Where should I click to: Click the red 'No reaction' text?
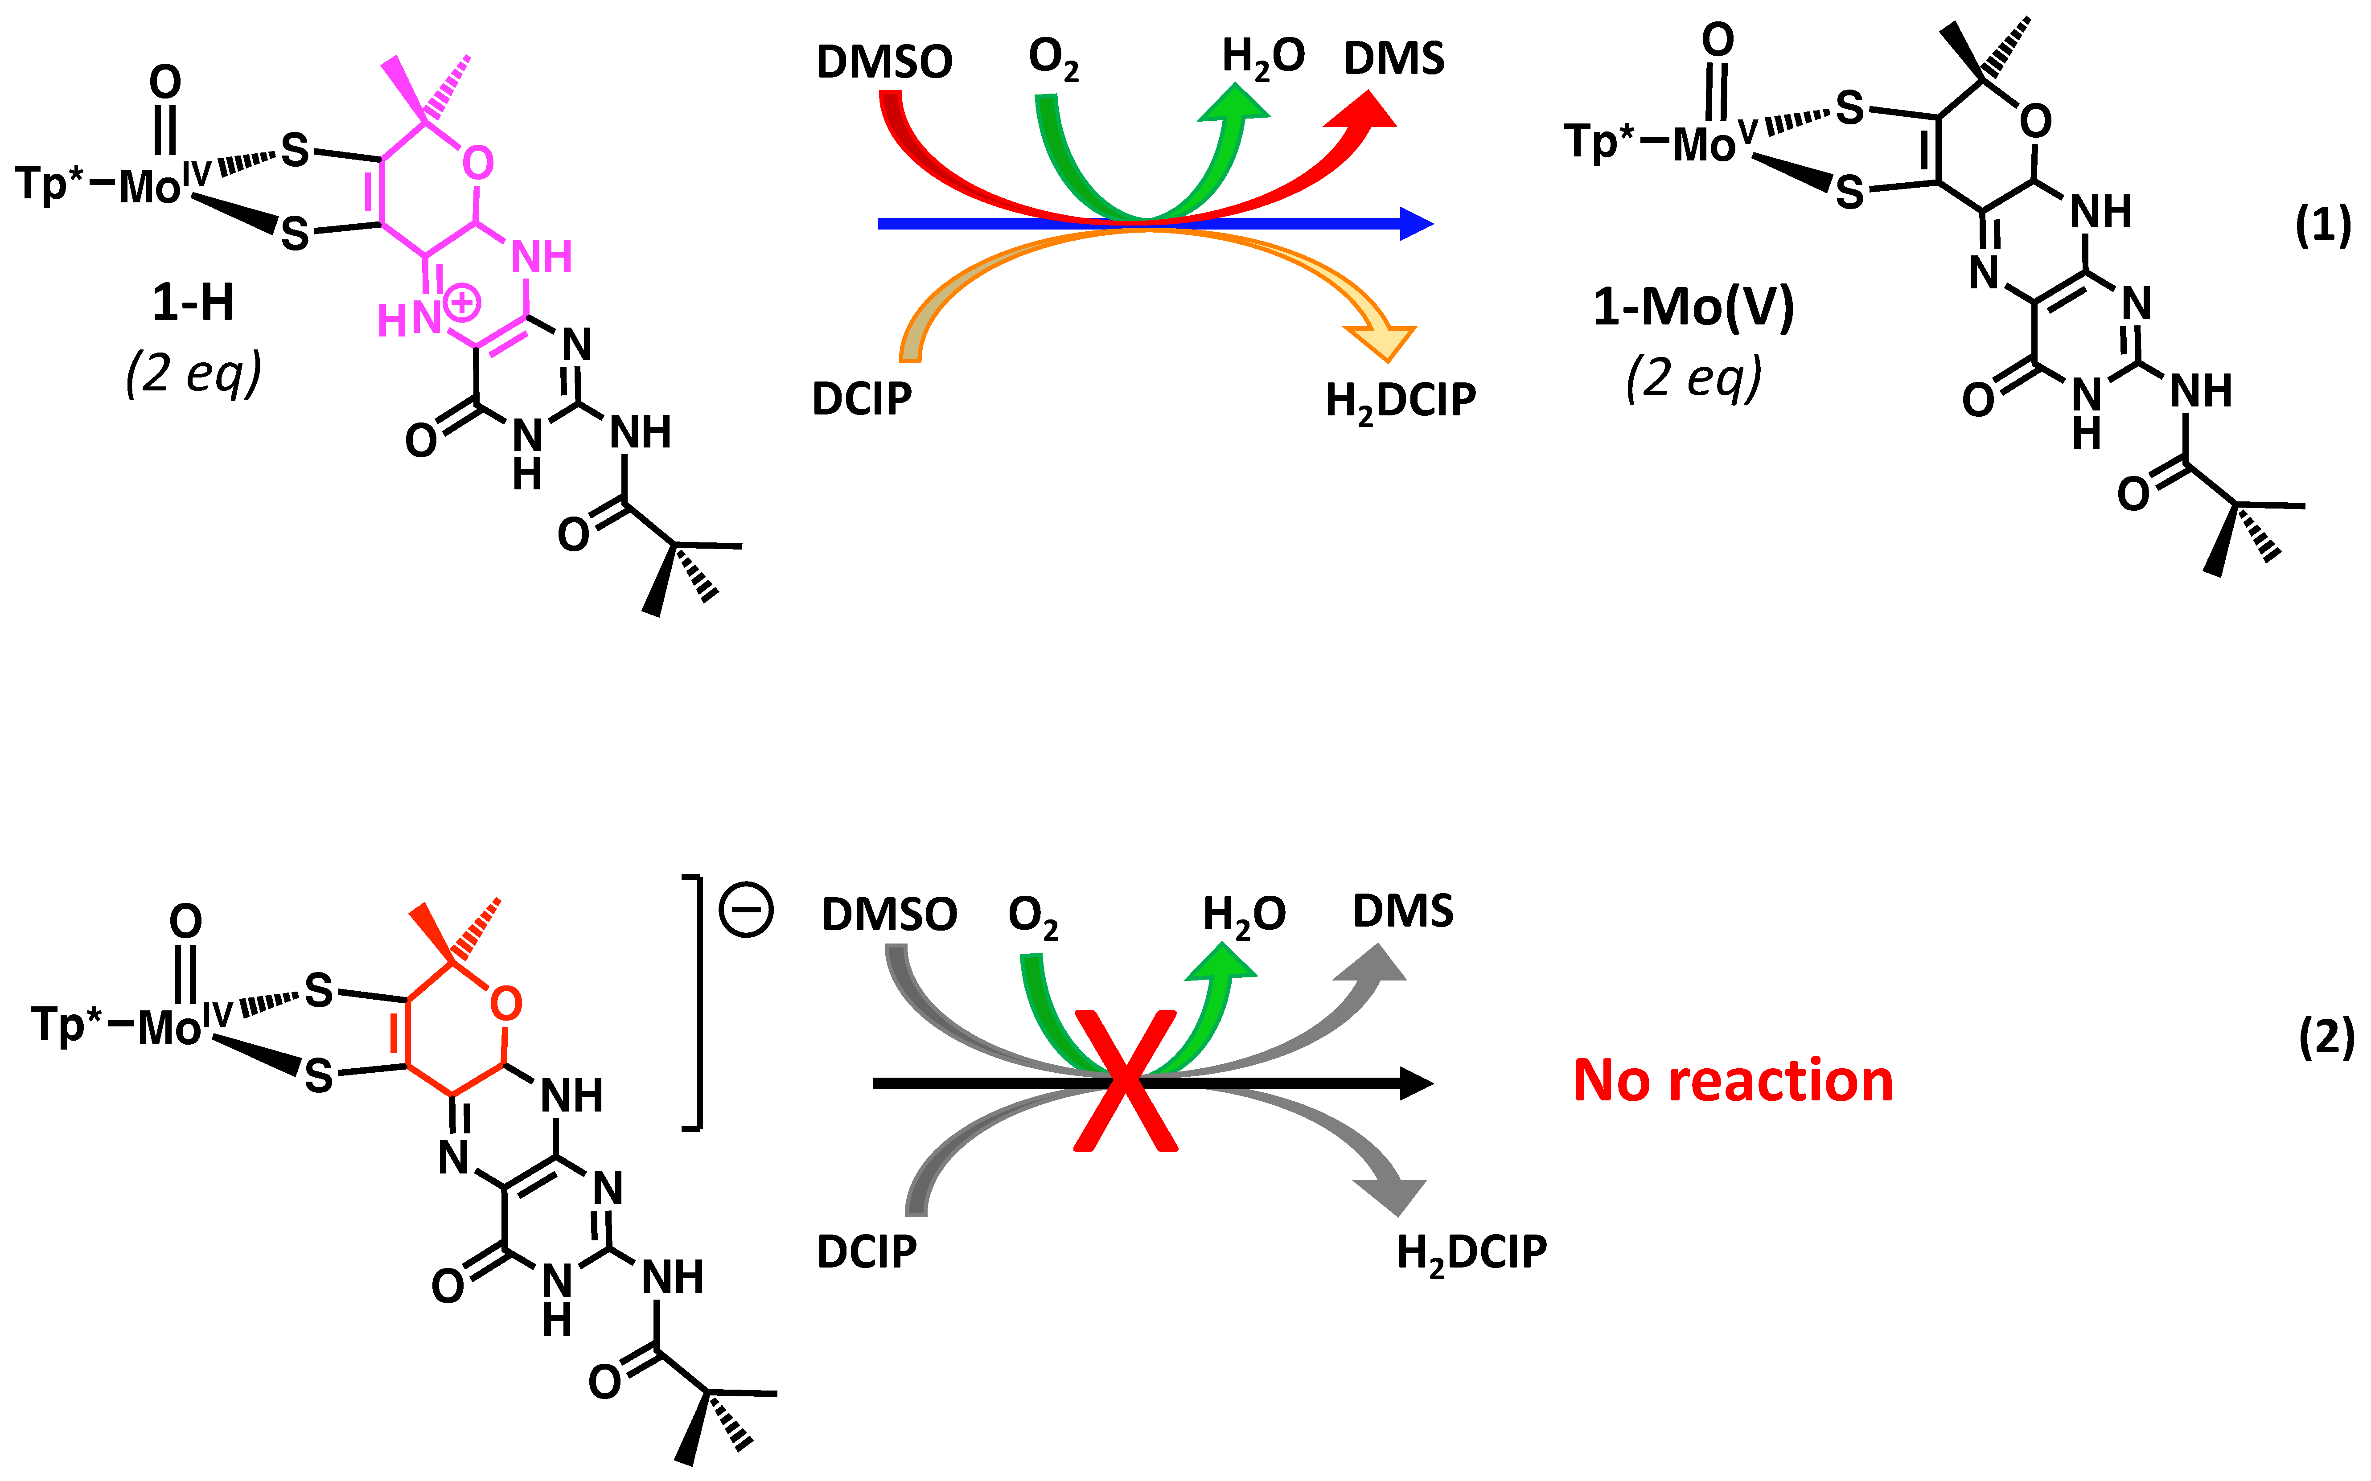tap(1733, 1081)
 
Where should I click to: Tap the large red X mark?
tap(1126, 1080)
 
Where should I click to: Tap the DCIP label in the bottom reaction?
tap(867, 1252)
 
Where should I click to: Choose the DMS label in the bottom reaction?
tap(1402, 912)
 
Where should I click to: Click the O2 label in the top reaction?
tap(1053, 59)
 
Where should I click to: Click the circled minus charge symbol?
tap(746, 910)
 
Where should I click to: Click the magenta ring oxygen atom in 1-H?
tap(477, 163)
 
